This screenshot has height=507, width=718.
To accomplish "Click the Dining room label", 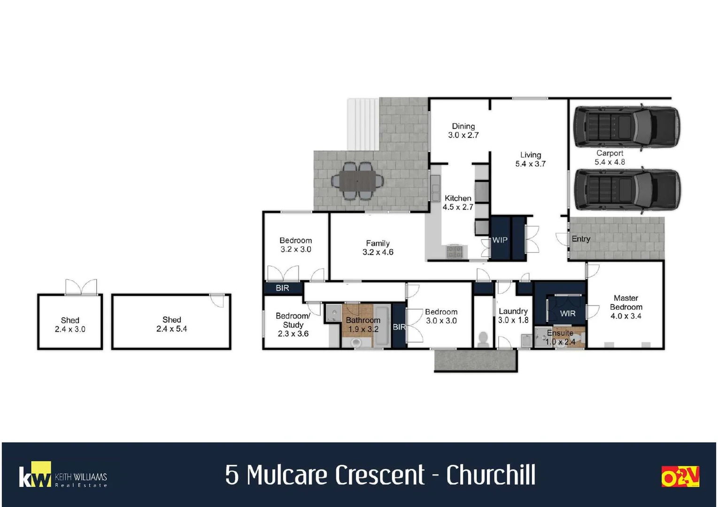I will click(x=463, y=126).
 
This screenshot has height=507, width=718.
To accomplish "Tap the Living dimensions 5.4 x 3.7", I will click(x=530, y=164).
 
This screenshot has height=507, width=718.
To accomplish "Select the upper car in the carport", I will click(x=626, y=127).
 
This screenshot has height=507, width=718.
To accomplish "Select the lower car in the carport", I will click(x=627, y=191).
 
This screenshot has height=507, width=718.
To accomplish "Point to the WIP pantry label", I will click(x=500, y=240).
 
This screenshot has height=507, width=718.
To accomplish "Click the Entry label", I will click(x=581, y=239).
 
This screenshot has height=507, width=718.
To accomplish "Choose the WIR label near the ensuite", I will click(x=567, y=313).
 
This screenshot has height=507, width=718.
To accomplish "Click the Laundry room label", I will click(x=513, y=311).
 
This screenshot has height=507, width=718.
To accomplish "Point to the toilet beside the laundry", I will click(x=483, y=338).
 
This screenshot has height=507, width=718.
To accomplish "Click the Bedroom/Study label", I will click(x=293, y=320).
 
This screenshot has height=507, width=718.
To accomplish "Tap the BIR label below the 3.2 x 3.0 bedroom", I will click(x=282, y=288).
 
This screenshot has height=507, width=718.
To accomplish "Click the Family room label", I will click(x=378, y=243).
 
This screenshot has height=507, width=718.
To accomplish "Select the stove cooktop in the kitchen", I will click(x=454, y=252).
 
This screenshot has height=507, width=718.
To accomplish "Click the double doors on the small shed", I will click(x=81, y=287).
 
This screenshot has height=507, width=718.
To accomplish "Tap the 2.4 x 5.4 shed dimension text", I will click(x=171, y=329).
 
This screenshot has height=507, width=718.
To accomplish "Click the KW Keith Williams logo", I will click(x=63, y=476).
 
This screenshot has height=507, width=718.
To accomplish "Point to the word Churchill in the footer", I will click(x=490, y=475).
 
